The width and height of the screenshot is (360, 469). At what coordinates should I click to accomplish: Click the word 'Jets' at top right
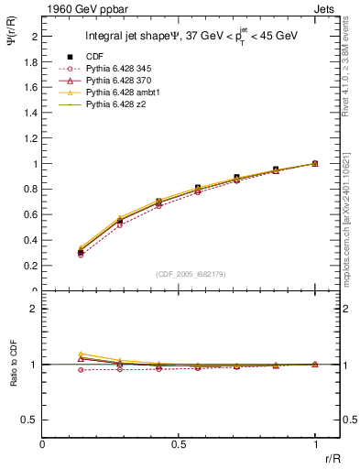click(326, 8)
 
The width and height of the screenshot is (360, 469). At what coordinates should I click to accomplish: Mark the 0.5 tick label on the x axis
click(179, 443)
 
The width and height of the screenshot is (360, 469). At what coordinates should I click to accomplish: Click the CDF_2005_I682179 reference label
click(191, 274)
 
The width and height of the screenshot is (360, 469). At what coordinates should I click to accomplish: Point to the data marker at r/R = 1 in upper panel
click(315, 164)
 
